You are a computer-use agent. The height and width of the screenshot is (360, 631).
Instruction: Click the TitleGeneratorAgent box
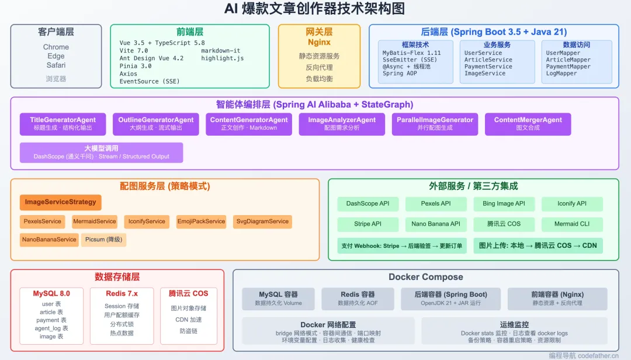(63, 124)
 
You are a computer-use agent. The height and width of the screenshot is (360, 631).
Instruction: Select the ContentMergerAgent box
(528, 124)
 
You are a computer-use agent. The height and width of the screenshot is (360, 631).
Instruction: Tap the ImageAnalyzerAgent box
(342, 124)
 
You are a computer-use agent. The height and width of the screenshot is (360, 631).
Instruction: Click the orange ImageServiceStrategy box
(60, 202)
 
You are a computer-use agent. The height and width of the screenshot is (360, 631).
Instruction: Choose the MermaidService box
(94, 221)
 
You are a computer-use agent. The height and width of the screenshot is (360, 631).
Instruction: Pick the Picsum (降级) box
(103, 240)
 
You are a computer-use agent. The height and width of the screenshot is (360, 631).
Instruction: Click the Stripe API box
(367, 224)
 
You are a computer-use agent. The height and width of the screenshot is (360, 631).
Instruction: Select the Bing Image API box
(504, 204)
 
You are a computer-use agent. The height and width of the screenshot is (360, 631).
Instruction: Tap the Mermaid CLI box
(571, 224)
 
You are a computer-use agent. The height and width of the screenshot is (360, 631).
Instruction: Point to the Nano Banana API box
(436, 224)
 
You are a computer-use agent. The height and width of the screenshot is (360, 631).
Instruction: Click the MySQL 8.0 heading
(51, 293)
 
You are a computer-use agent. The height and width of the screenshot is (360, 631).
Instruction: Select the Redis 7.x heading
(122, 293)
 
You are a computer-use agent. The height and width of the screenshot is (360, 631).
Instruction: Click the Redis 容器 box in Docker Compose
(358, 298)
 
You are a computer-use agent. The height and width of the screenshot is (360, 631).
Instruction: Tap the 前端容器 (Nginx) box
(557, 298)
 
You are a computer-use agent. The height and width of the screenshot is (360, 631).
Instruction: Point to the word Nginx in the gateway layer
(319, 43)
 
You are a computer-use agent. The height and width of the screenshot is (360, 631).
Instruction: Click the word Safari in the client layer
(56, 65)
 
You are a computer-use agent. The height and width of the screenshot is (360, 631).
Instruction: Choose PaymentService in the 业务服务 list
(488, 67)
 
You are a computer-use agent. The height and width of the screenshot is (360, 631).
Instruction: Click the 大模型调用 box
(101, 153)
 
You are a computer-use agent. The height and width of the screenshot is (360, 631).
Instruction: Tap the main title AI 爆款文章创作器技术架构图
(314, 10)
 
